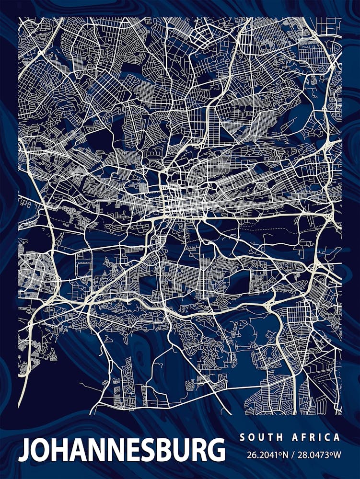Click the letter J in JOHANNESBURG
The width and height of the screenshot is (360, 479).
[x=24, y=451]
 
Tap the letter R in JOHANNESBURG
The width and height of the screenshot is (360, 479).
[x=196, y=450]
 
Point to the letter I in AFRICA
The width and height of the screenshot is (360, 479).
[x=320, y=437]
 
